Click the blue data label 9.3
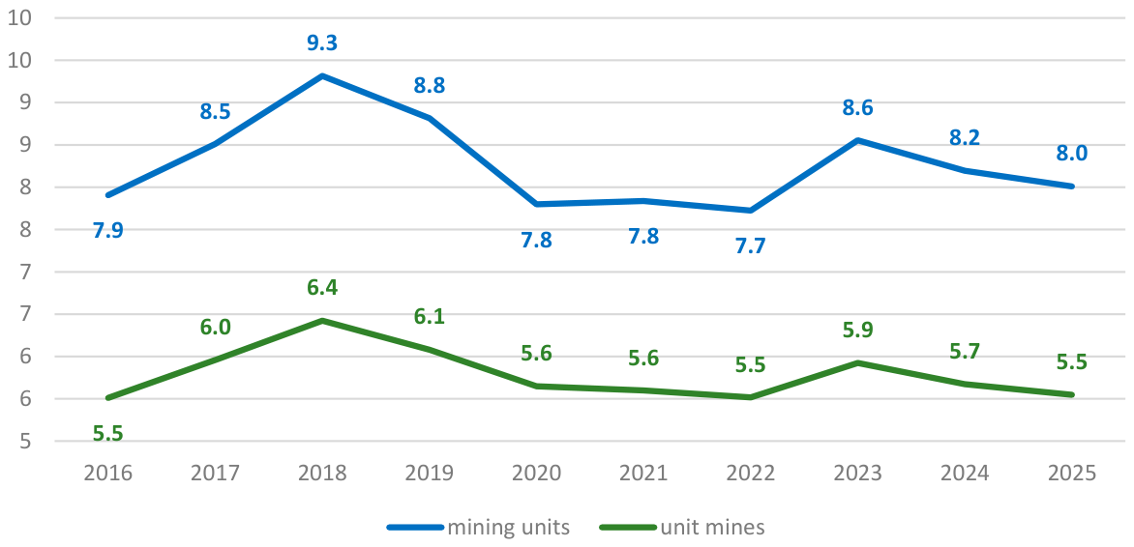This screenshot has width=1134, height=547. (322, 43)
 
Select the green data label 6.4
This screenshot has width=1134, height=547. (322, 288)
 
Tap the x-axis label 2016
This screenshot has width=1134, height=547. (108, 474)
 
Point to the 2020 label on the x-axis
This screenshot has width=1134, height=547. (536, 474)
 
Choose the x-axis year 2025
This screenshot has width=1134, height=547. (1072, 474)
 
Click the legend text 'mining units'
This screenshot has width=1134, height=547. (509, 527)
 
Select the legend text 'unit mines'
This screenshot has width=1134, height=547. (712, 527)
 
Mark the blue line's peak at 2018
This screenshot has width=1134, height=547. (322, 75)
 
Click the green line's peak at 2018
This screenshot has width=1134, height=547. (322, 320)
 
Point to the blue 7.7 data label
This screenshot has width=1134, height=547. (750, 245)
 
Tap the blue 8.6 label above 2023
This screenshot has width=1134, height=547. (857, 109)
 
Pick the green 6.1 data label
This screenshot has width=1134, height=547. (429, 316)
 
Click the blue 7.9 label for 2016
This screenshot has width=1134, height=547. (108, 231)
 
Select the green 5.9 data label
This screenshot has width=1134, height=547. (857, 331)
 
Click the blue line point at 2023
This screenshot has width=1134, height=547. (857, 140)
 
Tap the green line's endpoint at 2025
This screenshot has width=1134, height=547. (1072, 394)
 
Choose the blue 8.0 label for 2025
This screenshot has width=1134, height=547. (1072, 154)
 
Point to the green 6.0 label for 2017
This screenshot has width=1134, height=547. (215, 328)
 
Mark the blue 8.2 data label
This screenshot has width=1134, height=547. (964, 138)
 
